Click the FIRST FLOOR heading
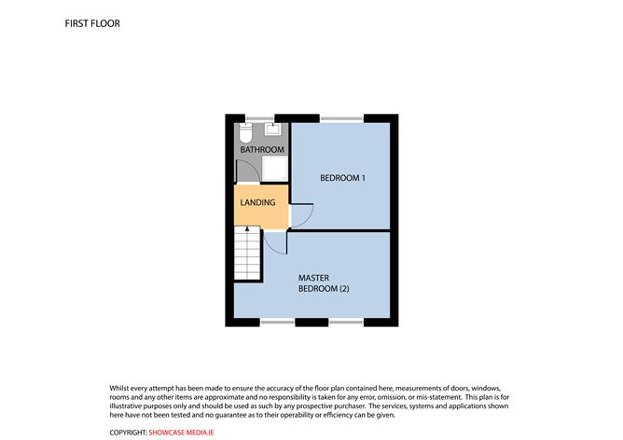[92, 23]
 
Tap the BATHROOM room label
[262, 150]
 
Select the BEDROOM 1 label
[342, 178]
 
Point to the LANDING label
[257, 202]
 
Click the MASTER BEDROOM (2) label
[324, 283]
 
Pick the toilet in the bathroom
[246, 132]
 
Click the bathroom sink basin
[273, 129]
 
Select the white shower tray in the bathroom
[275, 169]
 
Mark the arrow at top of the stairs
[247, 229]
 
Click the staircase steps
[247, 254]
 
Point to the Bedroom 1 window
[341, 118]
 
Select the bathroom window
[260, 118]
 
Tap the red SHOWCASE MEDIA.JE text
[181, 433]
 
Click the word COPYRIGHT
[128, 433]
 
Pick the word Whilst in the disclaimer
[119, 388]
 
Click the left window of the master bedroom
[277, 323]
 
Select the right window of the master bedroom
[346, 323]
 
